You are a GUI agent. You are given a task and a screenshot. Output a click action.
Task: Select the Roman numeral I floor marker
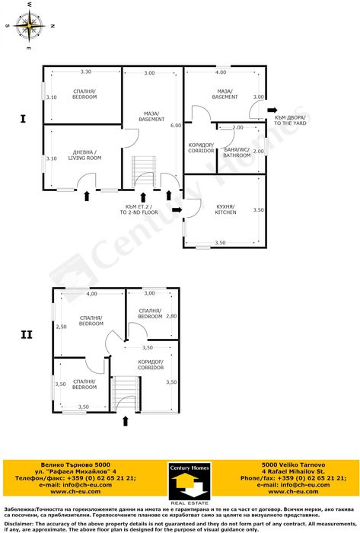24,119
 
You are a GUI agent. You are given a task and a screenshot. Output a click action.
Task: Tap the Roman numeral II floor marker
26,334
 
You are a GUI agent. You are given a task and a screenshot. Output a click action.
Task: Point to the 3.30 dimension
85,72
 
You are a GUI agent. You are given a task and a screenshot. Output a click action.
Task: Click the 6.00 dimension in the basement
175,125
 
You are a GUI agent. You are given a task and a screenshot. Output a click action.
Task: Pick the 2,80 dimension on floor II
171,315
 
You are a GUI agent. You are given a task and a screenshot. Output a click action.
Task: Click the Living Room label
84,155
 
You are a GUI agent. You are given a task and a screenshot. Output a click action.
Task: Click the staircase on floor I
142,171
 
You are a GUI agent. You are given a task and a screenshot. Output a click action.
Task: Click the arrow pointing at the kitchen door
177,209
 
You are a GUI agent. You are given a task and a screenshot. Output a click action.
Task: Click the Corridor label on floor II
151,365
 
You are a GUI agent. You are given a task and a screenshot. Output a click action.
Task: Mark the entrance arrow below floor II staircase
123,420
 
